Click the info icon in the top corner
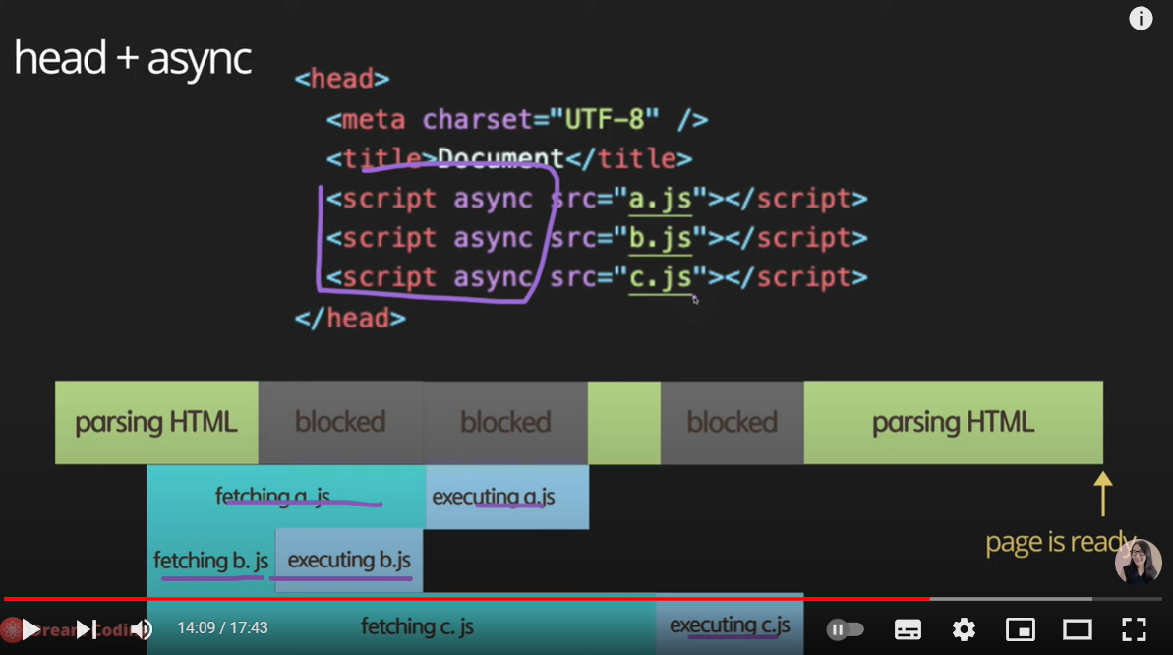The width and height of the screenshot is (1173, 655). [1141, 19]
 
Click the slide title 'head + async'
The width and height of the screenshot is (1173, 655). [133, 59]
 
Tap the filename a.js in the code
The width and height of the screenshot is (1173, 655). [661, 199]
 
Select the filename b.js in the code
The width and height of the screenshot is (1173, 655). [661, 238]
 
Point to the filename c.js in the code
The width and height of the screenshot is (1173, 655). [661, 277]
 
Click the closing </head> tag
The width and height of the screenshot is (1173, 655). [350, 318]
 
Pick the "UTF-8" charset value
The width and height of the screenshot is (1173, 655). [605, 120]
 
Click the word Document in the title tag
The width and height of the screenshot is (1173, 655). [500, 159]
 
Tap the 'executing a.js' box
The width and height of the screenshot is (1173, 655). [506, 497]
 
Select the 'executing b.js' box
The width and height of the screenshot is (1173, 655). [349, 561]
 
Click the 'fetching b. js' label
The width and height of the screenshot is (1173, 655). [210, 561]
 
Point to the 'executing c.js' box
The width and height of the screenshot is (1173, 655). [730, 625]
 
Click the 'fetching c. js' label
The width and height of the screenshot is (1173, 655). [418, 626]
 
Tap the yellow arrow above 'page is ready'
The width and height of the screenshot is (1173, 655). [1102, 494]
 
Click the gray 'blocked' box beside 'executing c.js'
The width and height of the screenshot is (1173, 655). [732, 423]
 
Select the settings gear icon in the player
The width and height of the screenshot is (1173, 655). [964, 629]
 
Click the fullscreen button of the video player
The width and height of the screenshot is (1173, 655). [1134, 629]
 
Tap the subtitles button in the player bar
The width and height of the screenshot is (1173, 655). [908, 629]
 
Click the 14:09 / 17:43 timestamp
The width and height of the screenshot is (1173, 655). [222, 628]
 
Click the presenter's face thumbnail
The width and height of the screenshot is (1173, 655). [1138, 562]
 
